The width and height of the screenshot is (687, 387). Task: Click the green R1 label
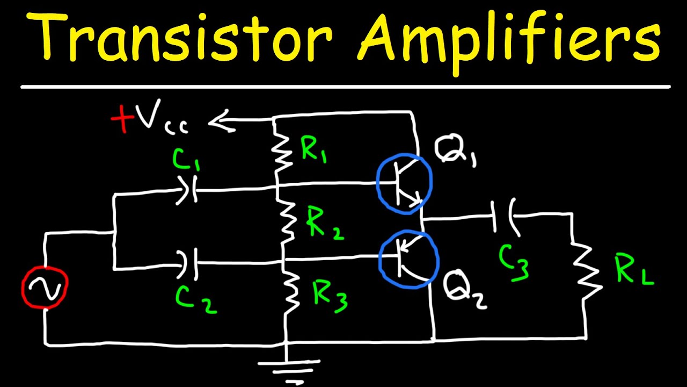315,150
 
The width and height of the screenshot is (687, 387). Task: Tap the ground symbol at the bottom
288,368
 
